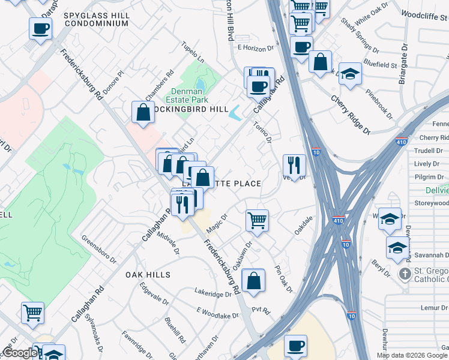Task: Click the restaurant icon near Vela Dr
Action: [x=294, y=165]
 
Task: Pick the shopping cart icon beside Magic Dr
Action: [x=257, y=220]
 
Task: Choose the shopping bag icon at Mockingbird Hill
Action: [x=143, y=112]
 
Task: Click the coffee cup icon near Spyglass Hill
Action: [x=40, y=28]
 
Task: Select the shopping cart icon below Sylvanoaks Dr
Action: [x=32, y=312]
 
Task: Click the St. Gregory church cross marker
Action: [x=405, y=274]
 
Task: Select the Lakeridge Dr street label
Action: [x=212, y=294]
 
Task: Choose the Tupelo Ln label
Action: [x=194, y=52]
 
